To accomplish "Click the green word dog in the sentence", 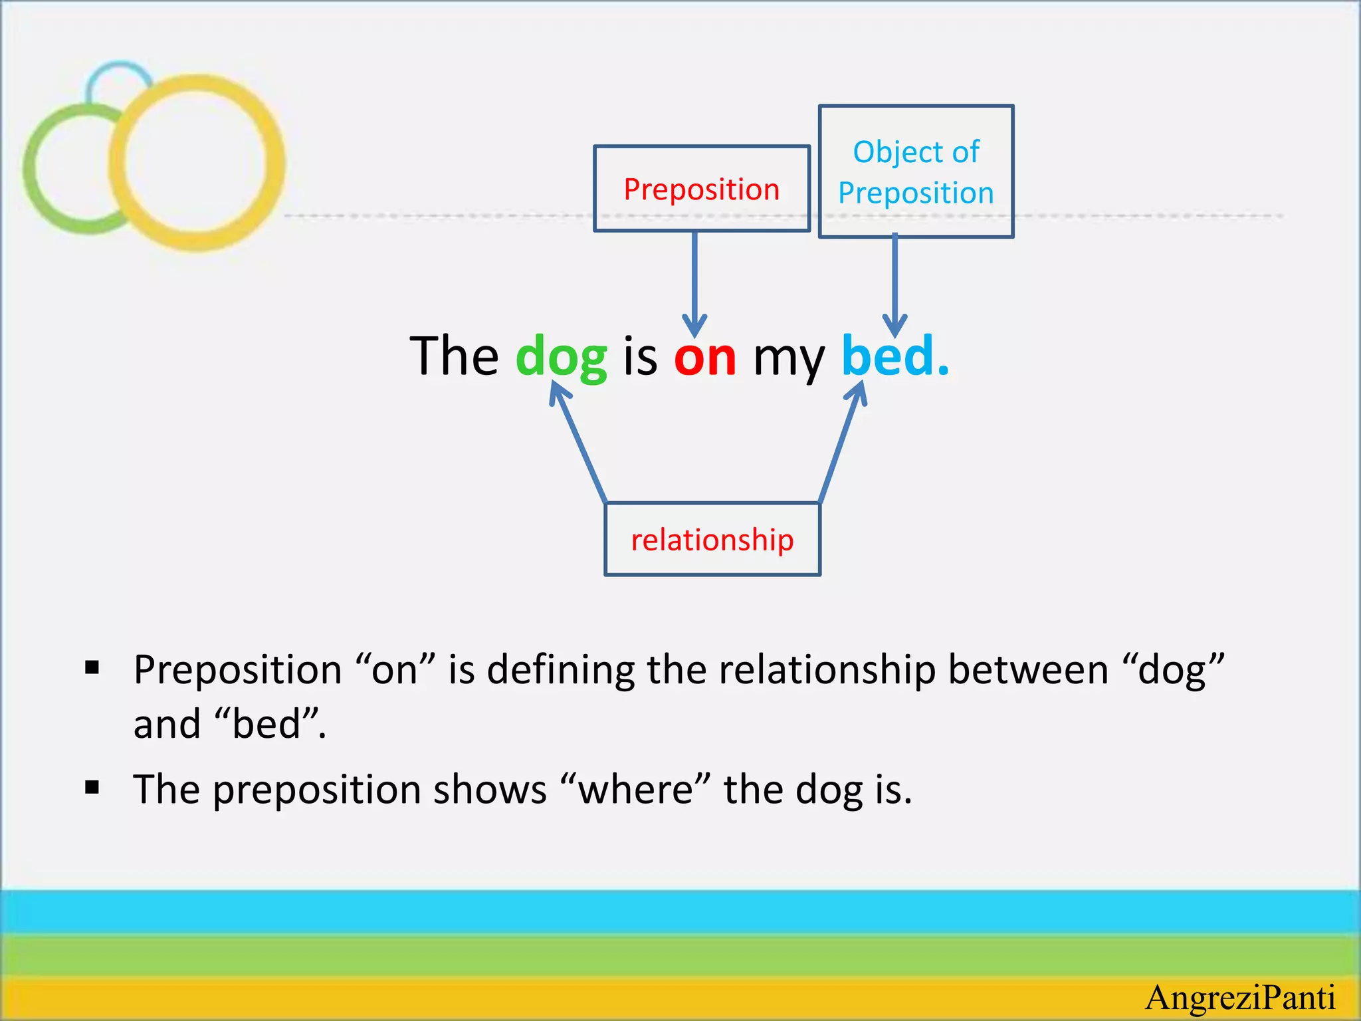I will (561, 357).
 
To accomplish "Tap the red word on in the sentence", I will (705, 357).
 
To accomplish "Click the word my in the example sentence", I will (789, 359).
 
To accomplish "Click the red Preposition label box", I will (701, 189).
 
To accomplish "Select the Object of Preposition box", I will (916, 171).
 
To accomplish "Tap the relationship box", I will (712, 539).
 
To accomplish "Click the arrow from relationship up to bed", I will (841, 445).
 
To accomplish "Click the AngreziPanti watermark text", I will (1240, 998).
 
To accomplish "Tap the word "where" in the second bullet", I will (635, 789).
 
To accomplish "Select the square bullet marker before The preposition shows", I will (92, 788).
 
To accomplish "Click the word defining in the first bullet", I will (561, 669).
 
